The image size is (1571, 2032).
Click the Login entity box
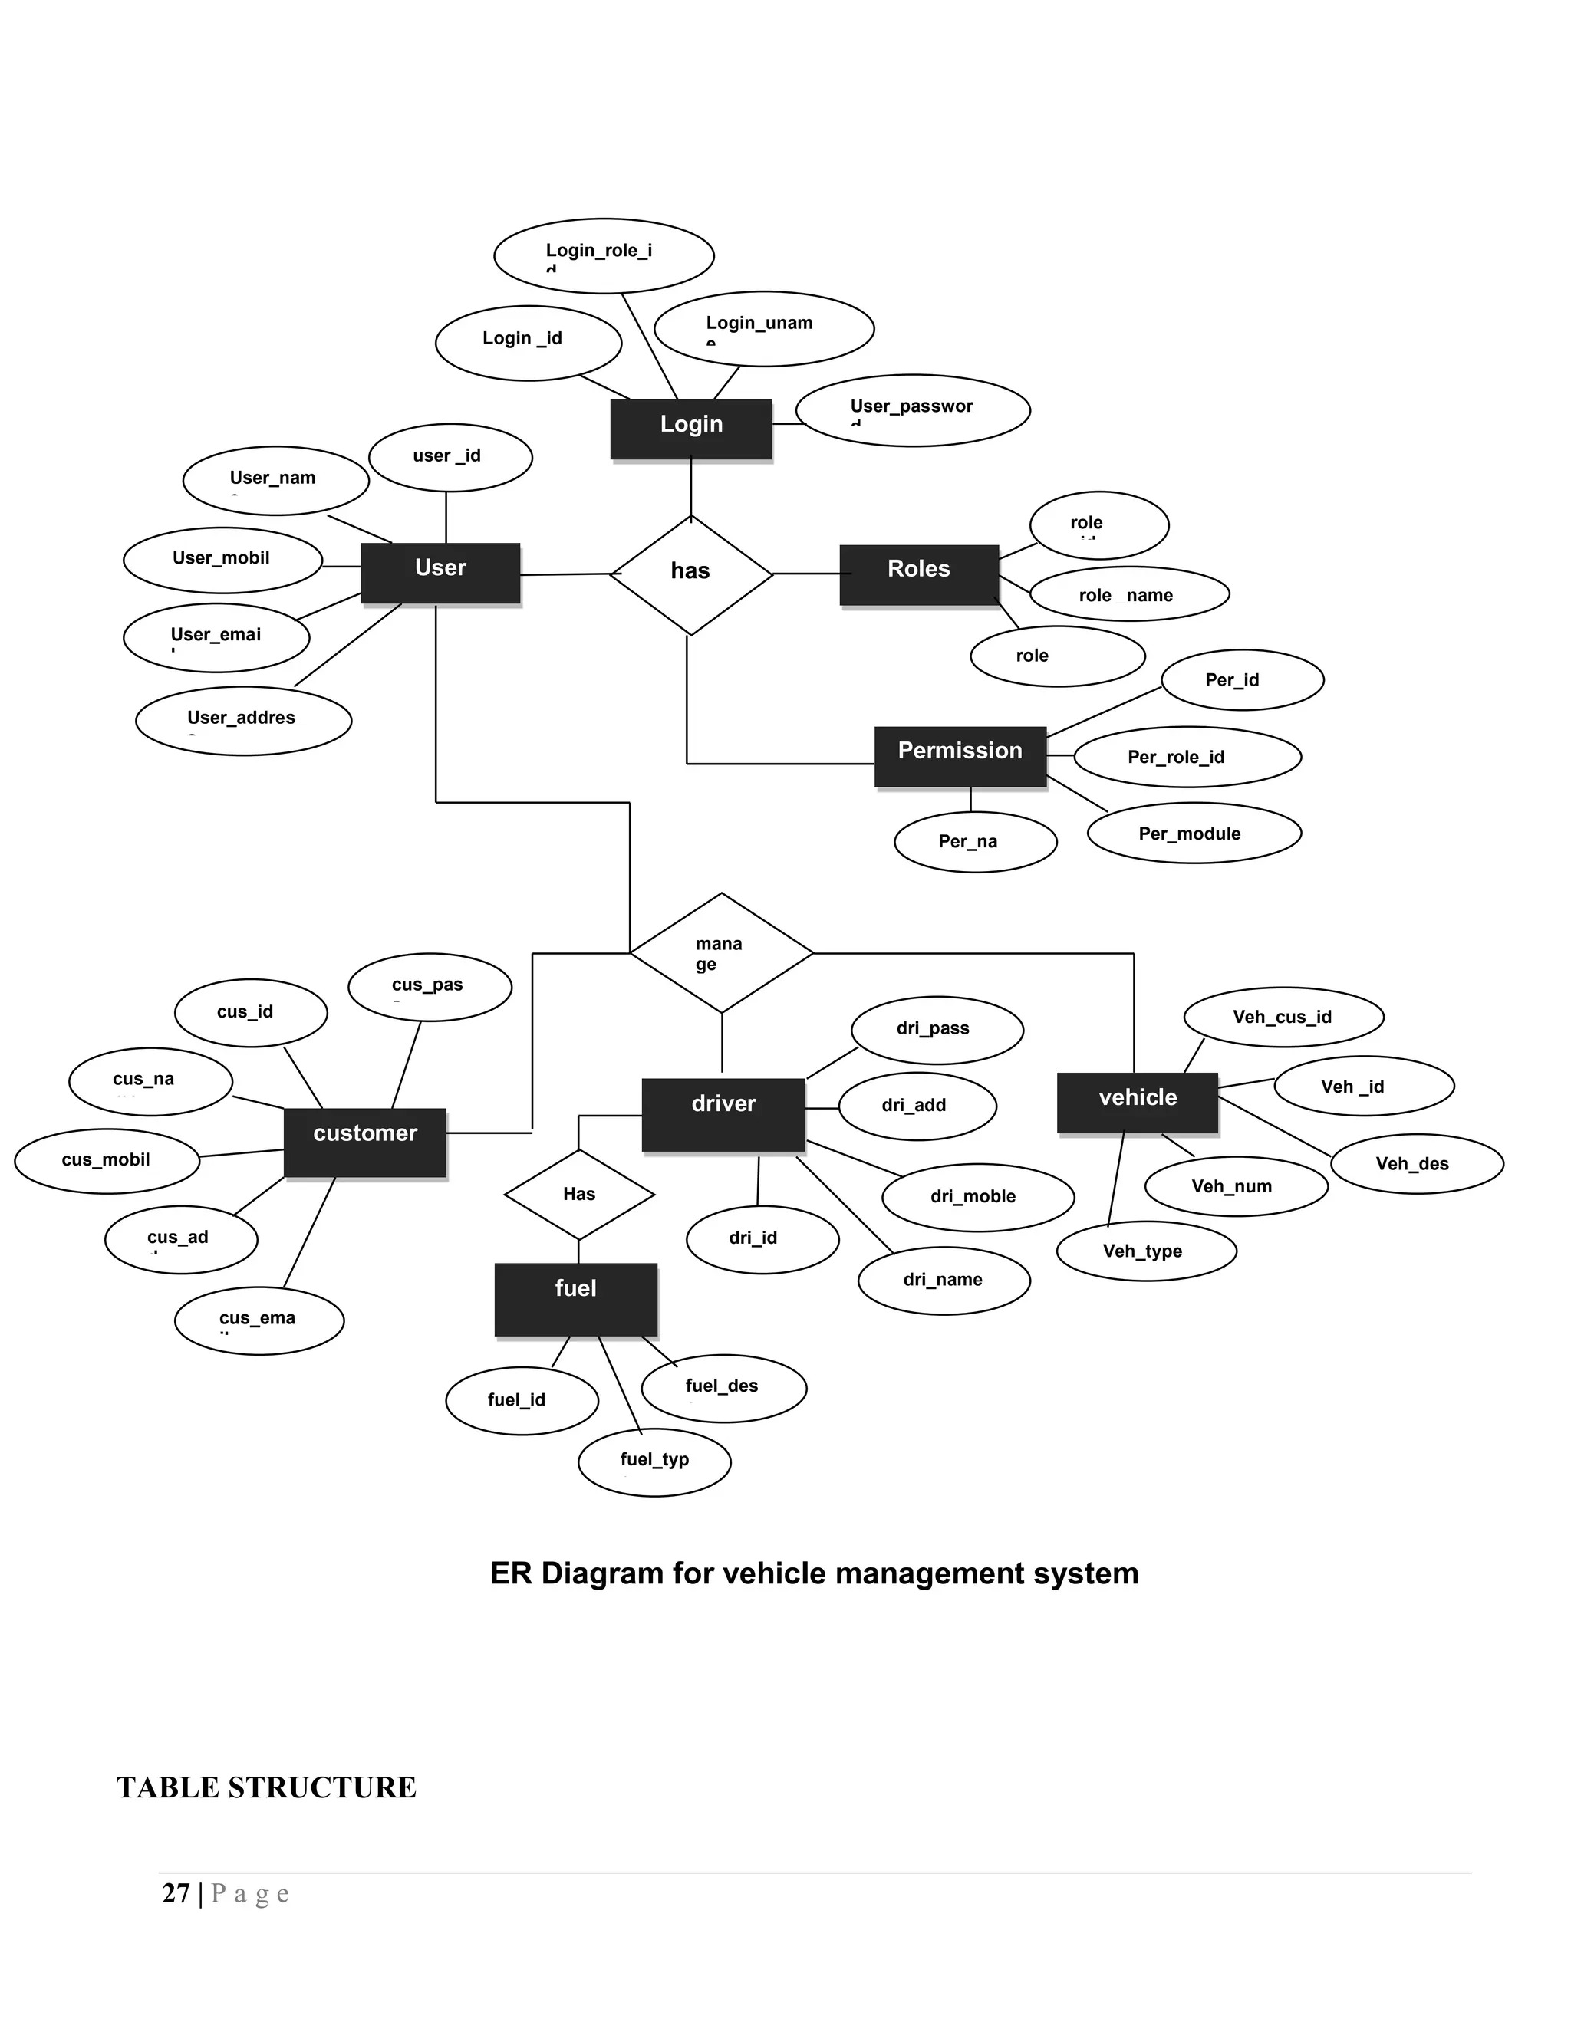(x=690, y=428)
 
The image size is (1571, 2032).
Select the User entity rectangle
(x=440, y=572)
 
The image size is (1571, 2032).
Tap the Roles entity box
(x=918, y=574)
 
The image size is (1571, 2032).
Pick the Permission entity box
(x=960, y=755)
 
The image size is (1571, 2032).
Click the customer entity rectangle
(x=365, y=1142)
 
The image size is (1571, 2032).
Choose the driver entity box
(x=723, y=1113)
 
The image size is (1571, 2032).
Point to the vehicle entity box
(x=1138, y=1103)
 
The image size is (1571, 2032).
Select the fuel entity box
(x=575, y=1298)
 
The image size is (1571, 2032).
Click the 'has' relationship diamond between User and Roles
(x=690, y=574)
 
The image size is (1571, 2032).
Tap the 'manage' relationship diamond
(x=721, y=952)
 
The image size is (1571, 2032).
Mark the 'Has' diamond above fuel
(x=579, y=1194)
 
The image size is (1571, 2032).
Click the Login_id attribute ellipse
(x=528, y=343)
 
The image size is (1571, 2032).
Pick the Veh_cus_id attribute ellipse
(x=1283, y=1017)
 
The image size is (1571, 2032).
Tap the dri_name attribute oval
(x=943, y=1281)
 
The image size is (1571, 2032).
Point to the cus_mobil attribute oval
(x=107, y=1160)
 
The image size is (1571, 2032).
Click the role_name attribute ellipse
(x=1129, y=593)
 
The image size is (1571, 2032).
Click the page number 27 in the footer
(x=176, y=1893)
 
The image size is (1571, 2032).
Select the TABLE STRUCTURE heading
(x=266, y=1787)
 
